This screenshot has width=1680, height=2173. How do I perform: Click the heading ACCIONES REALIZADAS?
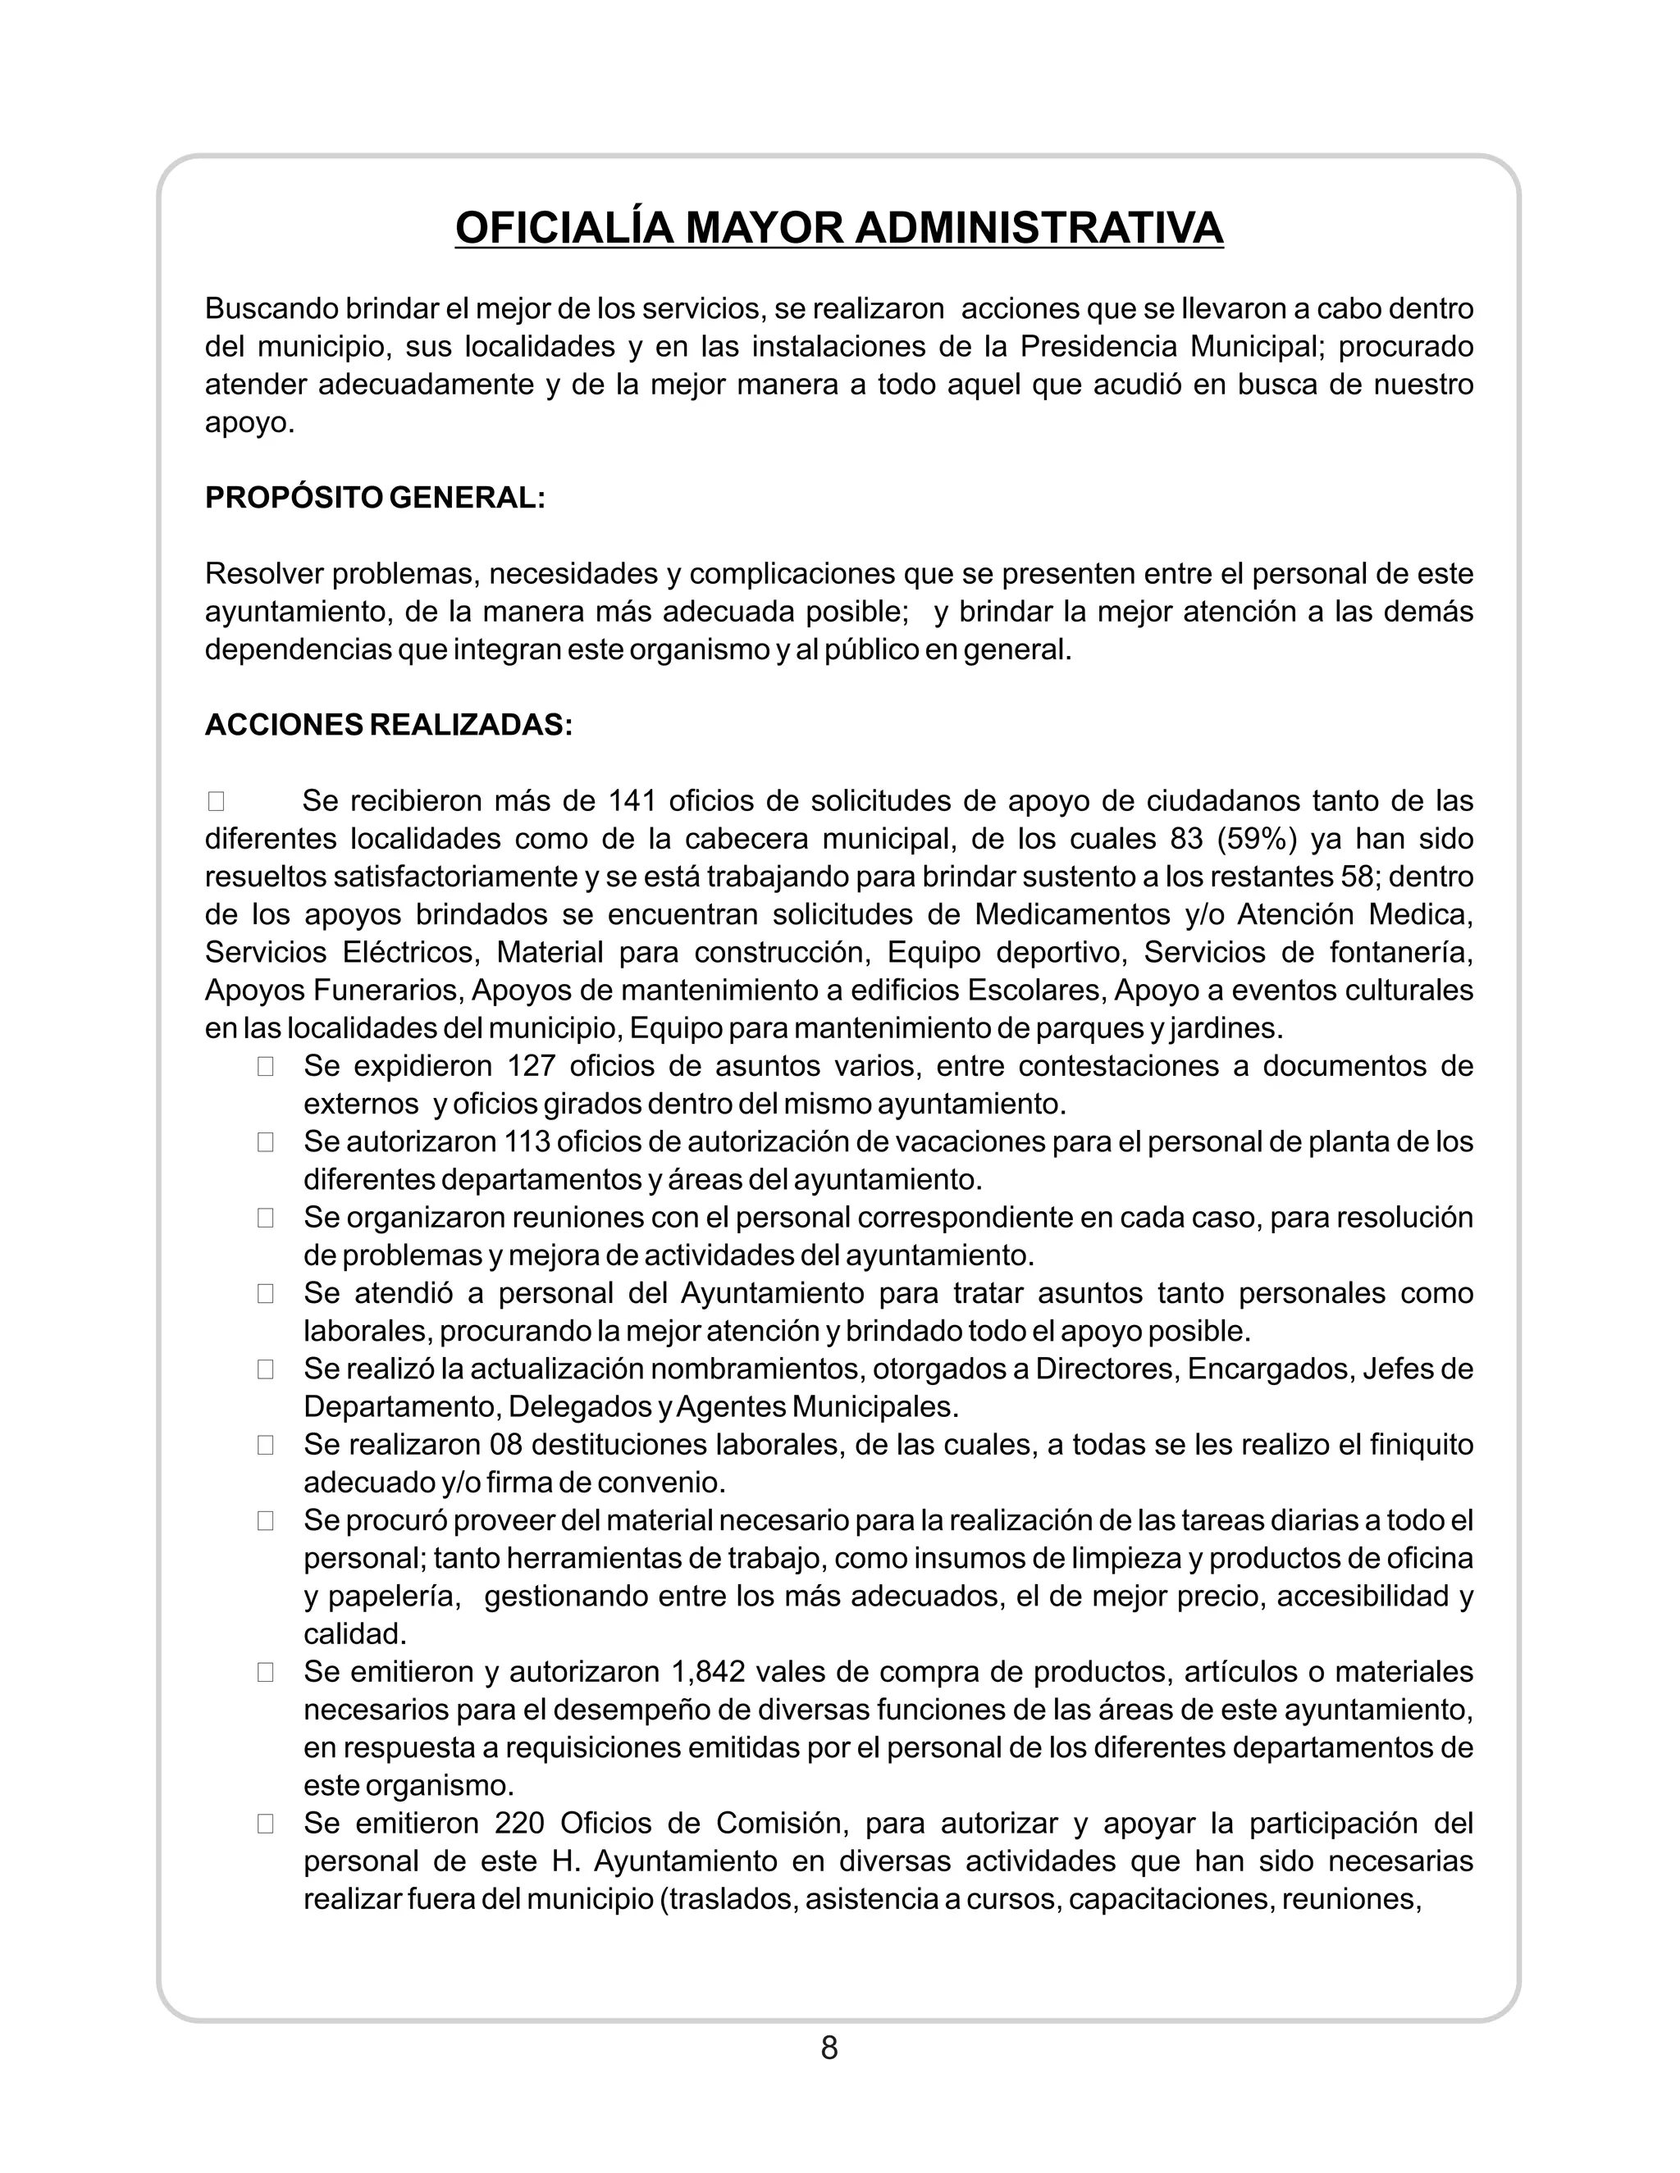point(388,724)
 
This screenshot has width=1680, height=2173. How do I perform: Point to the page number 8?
point(829,2048)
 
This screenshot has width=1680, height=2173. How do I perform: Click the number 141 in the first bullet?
point(629,801)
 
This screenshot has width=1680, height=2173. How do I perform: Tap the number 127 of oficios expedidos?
point(531,1066)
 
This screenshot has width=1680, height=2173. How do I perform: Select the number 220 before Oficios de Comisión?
point(517,1823)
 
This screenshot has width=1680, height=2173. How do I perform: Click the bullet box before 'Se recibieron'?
point(216,801)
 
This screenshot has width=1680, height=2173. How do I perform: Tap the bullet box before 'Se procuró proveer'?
point(265,1520)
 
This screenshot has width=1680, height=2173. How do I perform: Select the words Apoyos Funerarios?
point(333,990)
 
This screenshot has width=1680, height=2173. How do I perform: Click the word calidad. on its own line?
point(354,1633)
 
